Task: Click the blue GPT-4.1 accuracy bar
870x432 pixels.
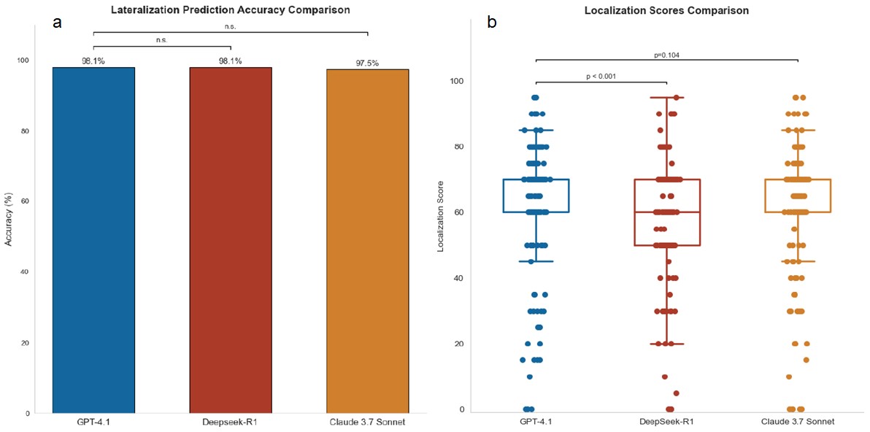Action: [x=93, y=241]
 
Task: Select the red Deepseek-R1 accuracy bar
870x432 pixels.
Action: [x=231, y=241]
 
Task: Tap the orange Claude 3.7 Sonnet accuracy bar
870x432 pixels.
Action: [x=367, y=241]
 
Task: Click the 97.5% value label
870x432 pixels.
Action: [x=367, y=63]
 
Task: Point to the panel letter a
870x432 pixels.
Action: [x=57, y=23]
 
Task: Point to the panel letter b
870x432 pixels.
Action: [x=492, y=23]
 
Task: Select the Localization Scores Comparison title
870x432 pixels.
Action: [x=667, y=11]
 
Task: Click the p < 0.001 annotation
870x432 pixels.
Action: [x=602, y=77]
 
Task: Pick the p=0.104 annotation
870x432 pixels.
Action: [x=667, y=55]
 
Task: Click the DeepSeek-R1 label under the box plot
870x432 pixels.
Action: [x=667, y=422]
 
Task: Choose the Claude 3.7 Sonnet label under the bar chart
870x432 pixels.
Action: [x=367, y=422]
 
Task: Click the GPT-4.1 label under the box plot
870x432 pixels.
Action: [x=536, y=422]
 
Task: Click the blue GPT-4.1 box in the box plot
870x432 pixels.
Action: [x=536, y=196]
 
